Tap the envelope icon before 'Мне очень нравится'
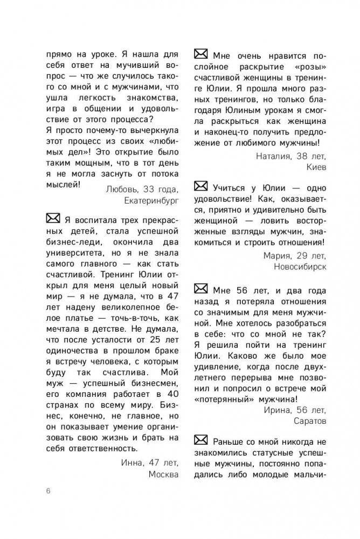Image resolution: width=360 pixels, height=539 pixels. point(200,54)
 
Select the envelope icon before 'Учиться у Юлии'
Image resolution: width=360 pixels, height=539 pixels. point(200,187)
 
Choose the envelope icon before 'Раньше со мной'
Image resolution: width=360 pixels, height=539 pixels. point(200,439)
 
